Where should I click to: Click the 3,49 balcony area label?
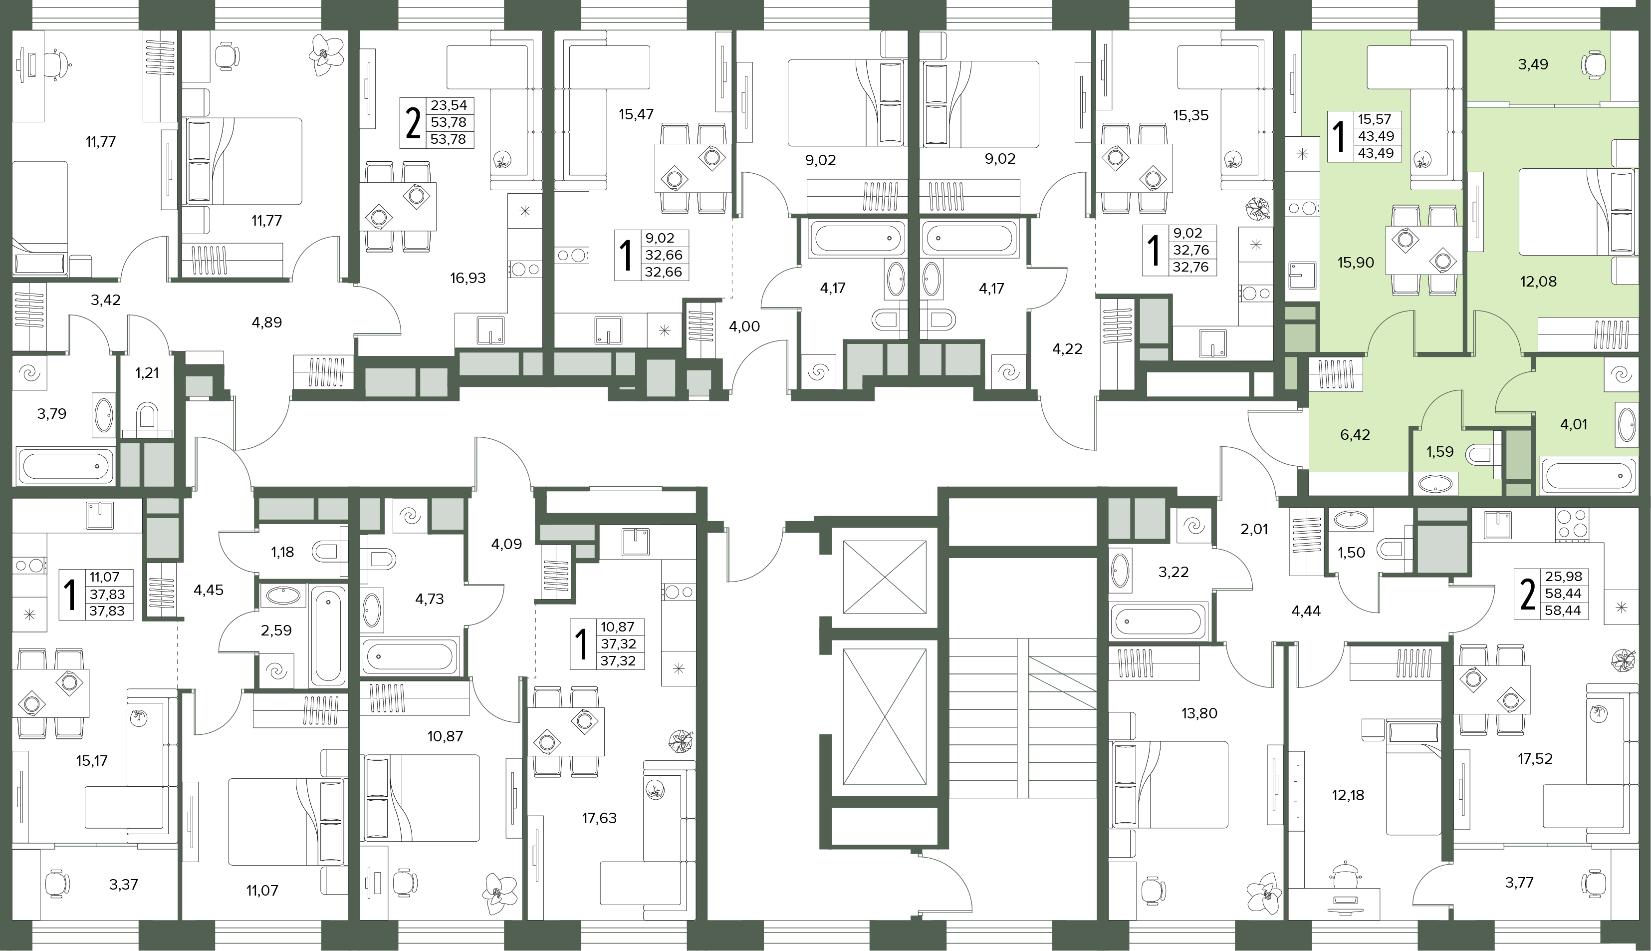click(1532, 65)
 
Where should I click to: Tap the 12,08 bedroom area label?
click(1538, 282)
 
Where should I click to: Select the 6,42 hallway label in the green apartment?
click(1355, 435)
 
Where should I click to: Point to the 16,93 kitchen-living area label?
click(468, 278)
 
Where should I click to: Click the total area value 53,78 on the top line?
click(448, 122)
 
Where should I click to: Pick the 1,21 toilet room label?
click(147, 373)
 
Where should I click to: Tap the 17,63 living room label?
click(599, 818)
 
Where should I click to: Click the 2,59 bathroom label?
click(276, 631)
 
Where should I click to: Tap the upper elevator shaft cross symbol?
click(885, 577)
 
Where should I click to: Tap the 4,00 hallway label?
click(744, 326)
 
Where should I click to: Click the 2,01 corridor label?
click(1253, 530)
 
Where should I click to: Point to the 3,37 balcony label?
click(123, 885)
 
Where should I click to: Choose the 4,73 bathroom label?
click(430, 600)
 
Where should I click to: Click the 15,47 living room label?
click(636, 115)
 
